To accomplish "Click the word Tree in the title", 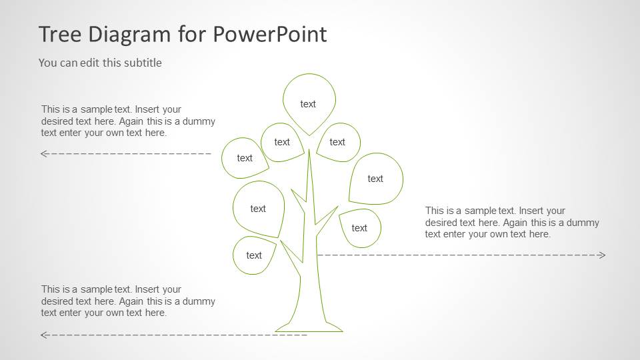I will [x=58, y=34].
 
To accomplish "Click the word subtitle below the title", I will [x=141, y=63].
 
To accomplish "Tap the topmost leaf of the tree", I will [x=309, y=103].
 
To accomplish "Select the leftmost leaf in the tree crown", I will [x=244, y=158].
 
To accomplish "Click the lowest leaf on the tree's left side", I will [x=254, y=255].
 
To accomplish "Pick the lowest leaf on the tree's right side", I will [x=360, y=228].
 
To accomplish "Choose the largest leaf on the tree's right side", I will [x=376, y=178].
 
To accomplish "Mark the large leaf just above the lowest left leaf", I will [x=259, y=209].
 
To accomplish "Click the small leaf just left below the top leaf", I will [x=282, y=142].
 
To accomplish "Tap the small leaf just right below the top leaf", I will [x=338, y=142].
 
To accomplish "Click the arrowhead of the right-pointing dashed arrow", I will [x=603, y=255].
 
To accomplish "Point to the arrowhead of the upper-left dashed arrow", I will [x=43, y=153].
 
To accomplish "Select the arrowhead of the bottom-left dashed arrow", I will [x=43, y=335].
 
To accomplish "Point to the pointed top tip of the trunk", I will [x=309, y=151].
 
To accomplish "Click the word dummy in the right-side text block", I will [x=585, y=223].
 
